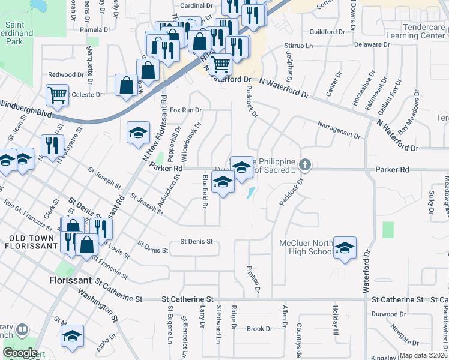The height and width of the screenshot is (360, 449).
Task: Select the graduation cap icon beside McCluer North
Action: click(345, 248)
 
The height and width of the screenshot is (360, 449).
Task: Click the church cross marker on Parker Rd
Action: click(305, 164)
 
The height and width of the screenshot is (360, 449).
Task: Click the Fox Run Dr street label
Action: click(185, 110)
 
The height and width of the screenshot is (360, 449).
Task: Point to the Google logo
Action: click(20, 353)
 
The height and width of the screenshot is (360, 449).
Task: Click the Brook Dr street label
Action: click(259, 329)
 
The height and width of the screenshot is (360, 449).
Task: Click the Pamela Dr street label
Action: click(95, 29)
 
